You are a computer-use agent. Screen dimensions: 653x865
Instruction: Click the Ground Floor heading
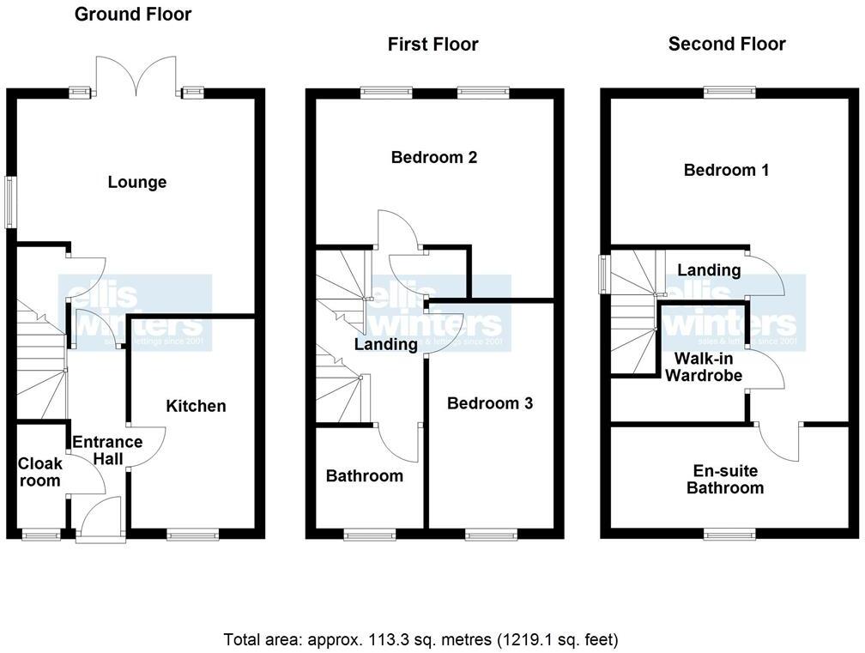coord(133,15)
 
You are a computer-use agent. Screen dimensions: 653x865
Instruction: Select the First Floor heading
coord(432,45)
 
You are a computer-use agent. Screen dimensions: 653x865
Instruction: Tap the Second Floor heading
coord(727,45)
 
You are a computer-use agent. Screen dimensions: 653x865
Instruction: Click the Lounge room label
coord(137,182)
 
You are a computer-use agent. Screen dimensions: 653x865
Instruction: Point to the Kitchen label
coord(196,406)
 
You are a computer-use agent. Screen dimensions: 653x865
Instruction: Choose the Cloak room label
coord(40,472)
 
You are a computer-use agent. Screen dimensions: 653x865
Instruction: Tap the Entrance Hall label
coord(107,450)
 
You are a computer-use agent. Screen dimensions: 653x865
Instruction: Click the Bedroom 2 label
coord(433,157)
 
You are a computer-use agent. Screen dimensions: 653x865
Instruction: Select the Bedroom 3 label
coord(490,403)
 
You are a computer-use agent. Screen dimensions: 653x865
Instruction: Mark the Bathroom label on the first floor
coord(364,476)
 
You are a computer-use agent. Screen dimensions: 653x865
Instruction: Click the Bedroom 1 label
coord(726,170)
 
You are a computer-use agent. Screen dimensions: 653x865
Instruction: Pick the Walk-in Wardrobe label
coord(704,366)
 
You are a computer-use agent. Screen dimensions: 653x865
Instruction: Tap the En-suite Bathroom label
coord(729,480)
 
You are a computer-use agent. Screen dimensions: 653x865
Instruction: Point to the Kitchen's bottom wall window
coord(193,535)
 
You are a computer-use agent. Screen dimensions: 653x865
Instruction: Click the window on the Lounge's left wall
coord(10,203)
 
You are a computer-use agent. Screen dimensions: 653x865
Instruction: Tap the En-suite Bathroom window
coord(730,535)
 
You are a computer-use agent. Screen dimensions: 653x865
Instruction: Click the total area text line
coord(420,639)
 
